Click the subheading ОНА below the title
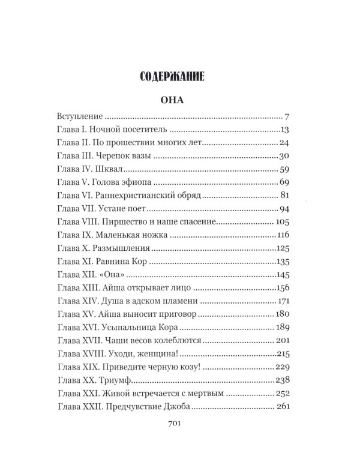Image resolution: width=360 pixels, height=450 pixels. [180, 100]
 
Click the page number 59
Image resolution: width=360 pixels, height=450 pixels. [285, 169]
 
